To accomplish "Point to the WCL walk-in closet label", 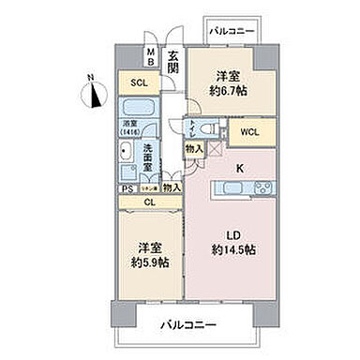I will point(248,131).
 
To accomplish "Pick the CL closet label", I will point(150,201).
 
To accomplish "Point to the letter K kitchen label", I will point(239,170).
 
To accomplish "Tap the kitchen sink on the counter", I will point(230,190).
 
